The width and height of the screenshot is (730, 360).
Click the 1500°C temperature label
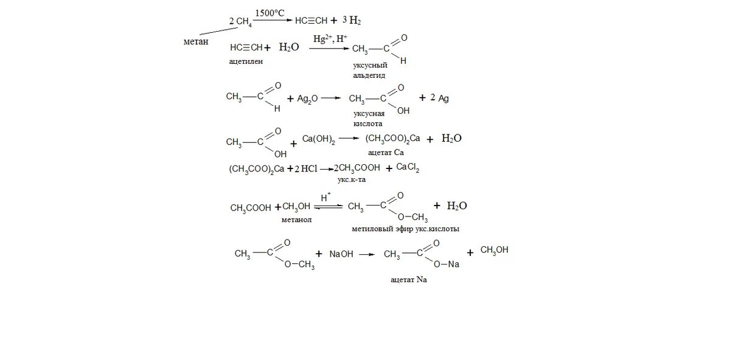(270, 13)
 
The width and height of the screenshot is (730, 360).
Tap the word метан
(195, 41)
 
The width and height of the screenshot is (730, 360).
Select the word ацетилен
(246, 61)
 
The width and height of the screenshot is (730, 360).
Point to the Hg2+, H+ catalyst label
(330, 39)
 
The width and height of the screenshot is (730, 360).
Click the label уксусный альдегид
(370, 70)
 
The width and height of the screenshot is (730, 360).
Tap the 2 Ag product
(439, 97)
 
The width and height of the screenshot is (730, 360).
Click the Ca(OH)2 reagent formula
(319, 140)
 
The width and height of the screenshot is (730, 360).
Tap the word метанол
(297, 219)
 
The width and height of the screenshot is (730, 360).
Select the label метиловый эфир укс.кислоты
(405, 229)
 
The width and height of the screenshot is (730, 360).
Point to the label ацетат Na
(409, 280)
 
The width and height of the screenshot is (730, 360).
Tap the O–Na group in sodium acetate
(448, 265)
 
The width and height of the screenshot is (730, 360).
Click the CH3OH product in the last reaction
(494, 251)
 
